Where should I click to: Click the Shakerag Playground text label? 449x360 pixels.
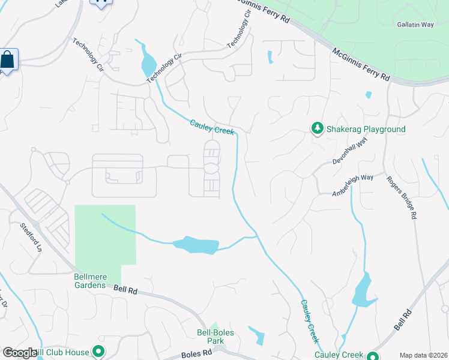coord(366,129)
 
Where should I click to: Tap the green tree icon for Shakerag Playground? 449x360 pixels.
coord(317,128)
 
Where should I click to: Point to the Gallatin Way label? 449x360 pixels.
coord(415,25)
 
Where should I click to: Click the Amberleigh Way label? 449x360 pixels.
coord(352,185)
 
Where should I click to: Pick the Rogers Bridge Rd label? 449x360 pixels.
coord(402,197)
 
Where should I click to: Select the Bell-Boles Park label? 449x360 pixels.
coord(215,337)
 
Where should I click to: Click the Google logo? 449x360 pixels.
coord(20,353)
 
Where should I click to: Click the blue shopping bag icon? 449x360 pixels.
coord(7,60)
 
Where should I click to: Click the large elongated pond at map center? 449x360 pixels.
coord(196,245)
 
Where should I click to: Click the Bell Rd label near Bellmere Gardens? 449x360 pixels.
coord(125,290)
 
